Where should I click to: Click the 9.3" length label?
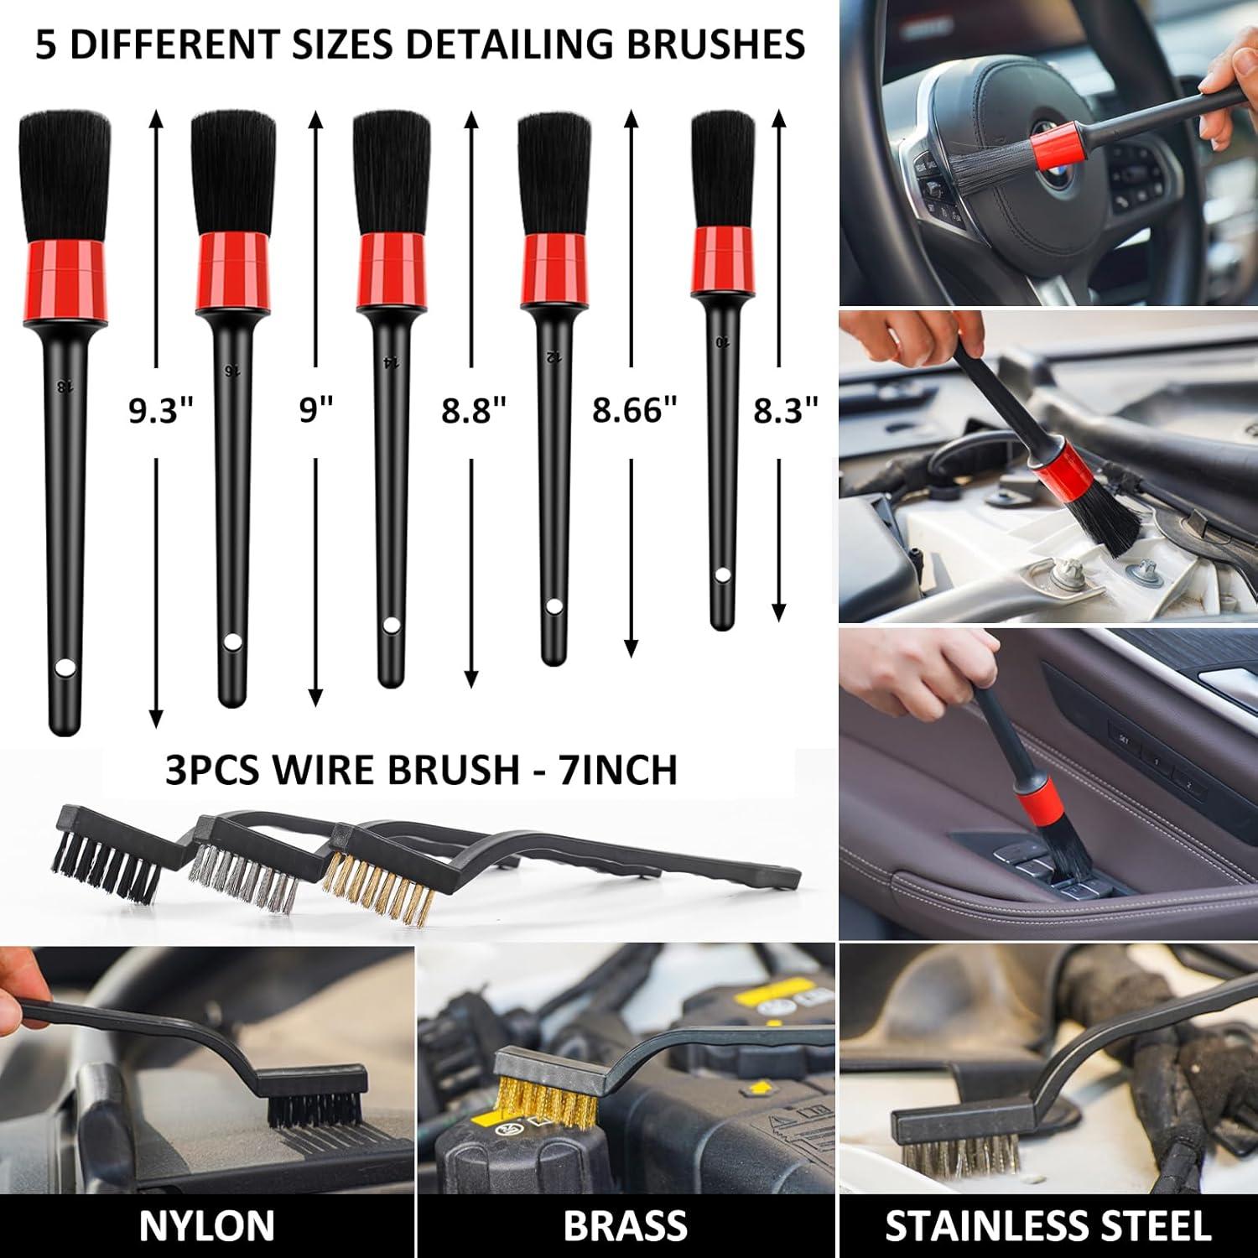click(160, 411)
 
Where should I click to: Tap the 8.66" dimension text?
click(633, 411)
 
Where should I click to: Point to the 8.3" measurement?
click(785, 411)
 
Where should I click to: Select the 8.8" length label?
click(474, 411)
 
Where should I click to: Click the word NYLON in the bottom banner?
click(206, 1226)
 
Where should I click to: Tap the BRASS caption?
click(626, 1226)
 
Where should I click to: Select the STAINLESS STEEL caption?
click(1048, 1226)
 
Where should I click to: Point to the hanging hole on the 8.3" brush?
click(722, 575)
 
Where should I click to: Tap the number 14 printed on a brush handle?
click(389, 361)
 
